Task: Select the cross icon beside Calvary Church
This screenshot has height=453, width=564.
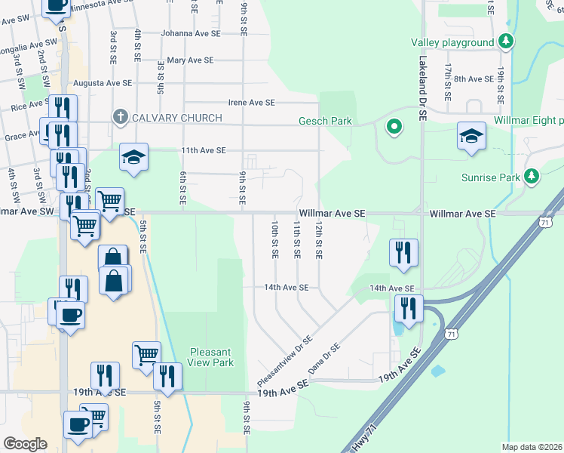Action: tap(120, 117)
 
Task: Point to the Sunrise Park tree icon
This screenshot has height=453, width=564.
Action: tap(532, 177)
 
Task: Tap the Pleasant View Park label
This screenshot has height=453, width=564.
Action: tap(211, 357)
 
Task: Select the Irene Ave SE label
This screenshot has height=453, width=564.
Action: tap(252, 102)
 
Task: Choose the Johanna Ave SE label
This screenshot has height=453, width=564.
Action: tap(191, 33)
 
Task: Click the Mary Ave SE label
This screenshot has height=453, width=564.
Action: tap(191, 60)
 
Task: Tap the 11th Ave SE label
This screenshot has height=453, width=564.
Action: tap(204, 150)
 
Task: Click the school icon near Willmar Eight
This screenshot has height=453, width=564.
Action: tap(471, 137)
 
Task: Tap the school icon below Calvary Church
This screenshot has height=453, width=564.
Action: tap(133, 157)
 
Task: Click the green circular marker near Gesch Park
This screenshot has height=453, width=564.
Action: tap(392, 127)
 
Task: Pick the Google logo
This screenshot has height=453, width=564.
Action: tap(26, 444)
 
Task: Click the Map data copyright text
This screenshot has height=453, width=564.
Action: tap(532, 447)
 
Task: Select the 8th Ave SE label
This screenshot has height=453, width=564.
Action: tap(473, 79)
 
